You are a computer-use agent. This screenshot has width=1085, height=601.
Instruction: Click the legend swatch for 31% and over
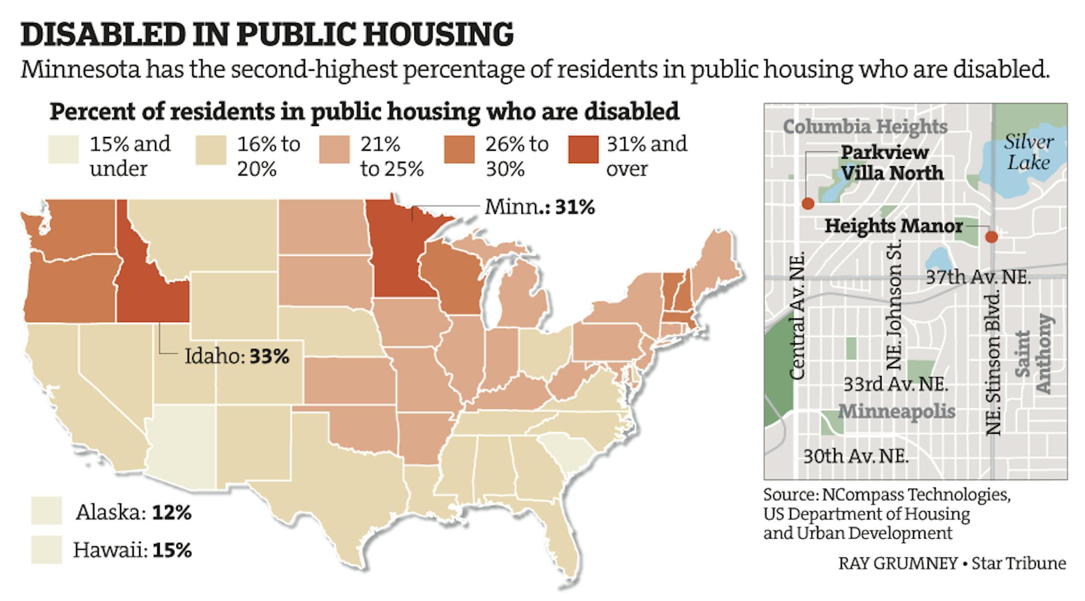(583, 150)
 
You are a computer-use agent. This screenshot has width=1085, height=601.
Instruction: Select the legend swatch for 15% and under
(63, 150)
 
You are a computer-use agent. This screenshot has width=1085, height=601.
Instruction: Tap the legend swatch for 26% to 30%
(459, 150)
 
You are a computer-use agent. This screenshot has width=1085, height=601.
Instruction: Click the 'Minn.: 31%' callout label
(539, 207)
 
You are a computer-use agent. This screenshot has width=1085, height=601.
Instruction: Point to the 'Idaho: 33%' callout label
(237, 356)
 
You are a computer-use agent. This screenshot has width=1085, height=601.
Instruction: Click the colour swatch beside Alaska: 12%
(46, 511)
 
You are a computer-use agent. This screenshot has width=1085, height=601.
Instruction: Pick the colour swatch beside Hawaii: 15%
(46, 549)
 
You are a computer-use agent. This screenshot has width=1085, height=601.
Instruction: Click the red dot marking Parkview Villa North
(808, 203)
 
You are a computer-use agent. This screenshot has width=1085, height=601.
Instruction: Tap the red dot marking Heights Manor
(991, 237)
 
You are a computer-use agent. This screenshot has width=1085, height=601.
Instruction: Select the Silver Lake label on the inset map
(1029, 152)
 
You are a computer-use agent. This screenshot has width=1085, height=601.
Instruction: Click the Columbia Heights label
(865, 127)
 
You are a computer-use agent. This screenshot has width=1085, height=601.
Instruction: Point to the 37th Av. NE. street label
(978, 277)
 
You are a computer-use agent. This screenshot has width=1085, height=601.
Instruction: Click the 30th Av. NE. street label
(855, 456)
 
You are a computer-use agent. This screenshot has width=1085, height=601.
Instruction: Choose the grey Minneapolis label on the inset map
(897, 411)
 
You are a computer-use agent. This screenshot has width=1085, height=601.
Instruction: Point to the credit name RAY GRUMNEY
(898, 563)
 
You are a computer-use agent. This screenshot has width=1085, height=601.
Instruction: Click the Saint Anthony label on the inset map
(1033, 354)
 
